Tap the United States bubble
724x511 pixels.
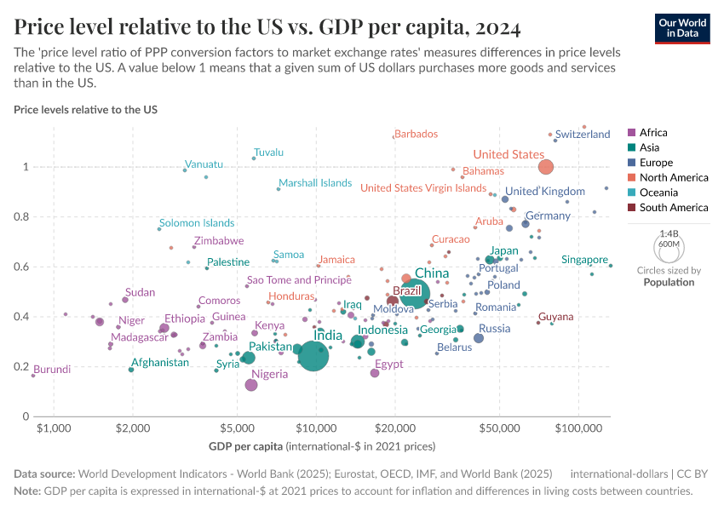pos(546,167)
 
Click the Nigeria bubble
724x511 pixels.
pos(251,385)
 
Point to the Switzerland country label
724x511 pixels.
pos(583,135)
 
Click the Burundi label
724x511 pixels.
pos(52,370)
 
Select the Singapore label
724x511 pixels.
pos(584,260)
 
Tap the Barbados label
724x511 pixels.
pos(416,134)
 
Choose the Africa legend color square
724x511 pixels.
pos(631,133)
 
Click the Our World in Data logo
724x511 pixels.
pos(683,27)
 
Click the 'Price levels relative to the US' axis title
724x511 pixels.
pos(85,110)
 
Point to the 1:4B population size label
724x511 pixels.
pos(669,233)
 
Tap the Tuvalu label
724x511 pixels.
pos(268,152)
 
